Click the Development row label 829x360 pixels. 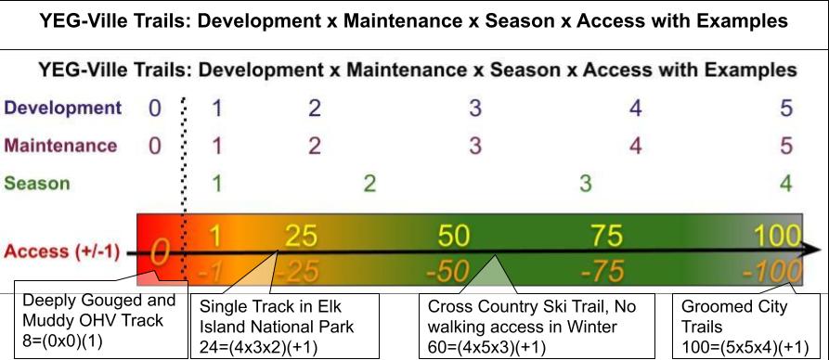[x=62, y=108]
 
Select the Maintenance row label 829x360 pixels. [x=61, y=146]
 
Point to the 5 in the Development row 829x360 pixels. [x=786, y=109]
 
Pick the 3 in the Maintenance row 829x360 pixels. [x=474, y=146]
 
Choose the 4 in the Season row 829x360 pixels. [x=786, y=183]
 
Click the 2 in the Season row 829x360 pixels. [x=369, y=183]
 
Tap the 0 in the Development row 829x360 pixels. [x=155, y=109]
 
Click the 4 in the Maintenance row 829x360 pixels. [x=635, y=146]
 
